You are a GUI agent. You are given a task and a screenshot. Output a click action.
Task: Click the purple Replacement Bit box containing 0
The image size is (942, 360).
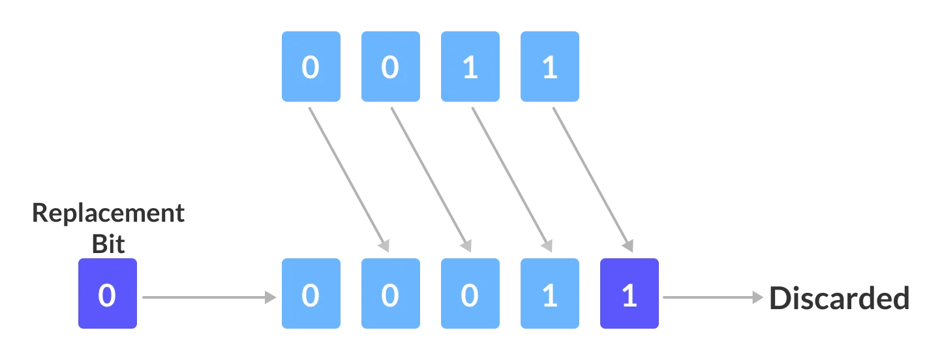108,293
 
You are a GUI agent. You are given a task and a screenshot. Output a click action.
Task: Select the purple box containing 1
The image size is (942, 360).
630,293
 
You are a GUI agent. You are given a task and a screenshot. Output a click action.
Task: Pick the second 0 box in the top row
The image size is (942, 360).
391,68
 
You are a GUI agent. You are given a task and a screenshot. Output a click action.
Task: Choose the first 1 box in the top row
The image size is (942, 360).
470,68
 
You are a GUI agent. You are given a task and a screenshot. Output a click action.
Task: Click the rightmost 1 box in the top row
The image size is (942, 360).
548,68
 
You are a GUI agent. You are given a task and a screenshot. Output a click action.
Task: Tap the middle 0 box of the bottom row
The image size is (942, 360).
391,293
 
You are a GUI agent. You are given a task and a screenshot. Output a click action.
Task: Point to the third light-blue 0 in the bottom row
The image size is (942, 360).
470,293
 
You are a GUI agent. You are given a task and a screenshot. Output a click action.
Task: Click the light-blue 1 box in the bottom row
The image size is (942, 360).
548,293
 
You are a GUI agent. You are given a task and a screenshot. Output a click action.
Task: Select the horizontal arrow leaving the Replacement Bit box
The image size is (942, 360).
205,297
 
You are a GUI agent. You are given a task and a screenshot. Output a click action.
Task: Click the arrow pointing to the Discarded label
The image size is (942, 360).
711,297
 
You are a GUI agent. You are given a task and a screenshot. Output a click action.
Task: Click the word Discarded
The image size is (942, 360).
840,298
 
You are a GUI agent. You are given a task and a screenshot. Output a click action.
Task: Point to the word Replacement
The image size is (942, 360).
110,213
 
